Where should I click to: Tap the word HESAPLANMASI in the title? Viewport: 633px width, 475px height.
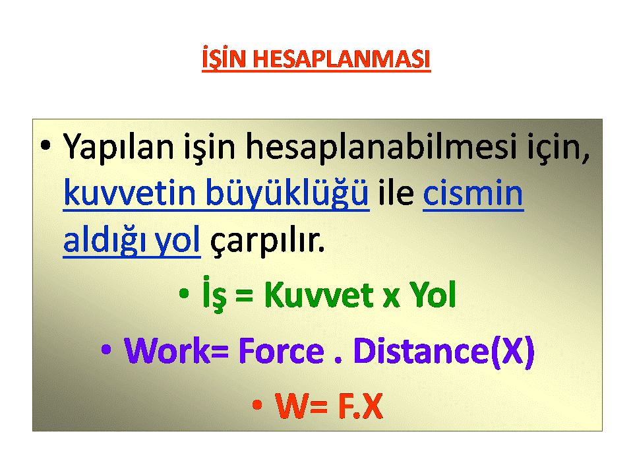point(342,59)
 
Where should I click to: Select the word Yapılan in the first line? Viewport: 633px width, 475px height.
point(119,147)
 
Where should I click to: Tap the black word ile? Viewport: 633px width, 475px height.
point(396,192)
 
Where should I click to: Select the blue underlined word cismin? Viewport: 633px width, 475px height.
point(473,193)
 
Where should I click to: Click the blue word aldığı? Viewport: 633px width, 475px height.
point(104,240)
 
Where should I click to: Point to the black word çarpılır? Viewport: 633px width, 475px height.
point(267,241)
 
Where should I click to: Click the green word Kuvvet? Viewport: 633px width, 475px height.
point(319,295)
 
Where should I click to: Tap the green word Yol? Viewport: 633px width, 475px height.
point(433,295)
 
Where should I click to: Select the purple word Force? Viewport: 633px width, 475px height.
point(282,350)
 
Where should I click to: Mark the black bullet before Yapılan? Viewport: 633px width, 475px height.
point(45,145)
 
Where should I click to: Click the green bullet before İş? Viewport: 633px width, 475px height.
point(184,294)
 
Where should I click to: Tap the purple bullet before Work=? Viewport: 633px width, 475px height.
point(106,350)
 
